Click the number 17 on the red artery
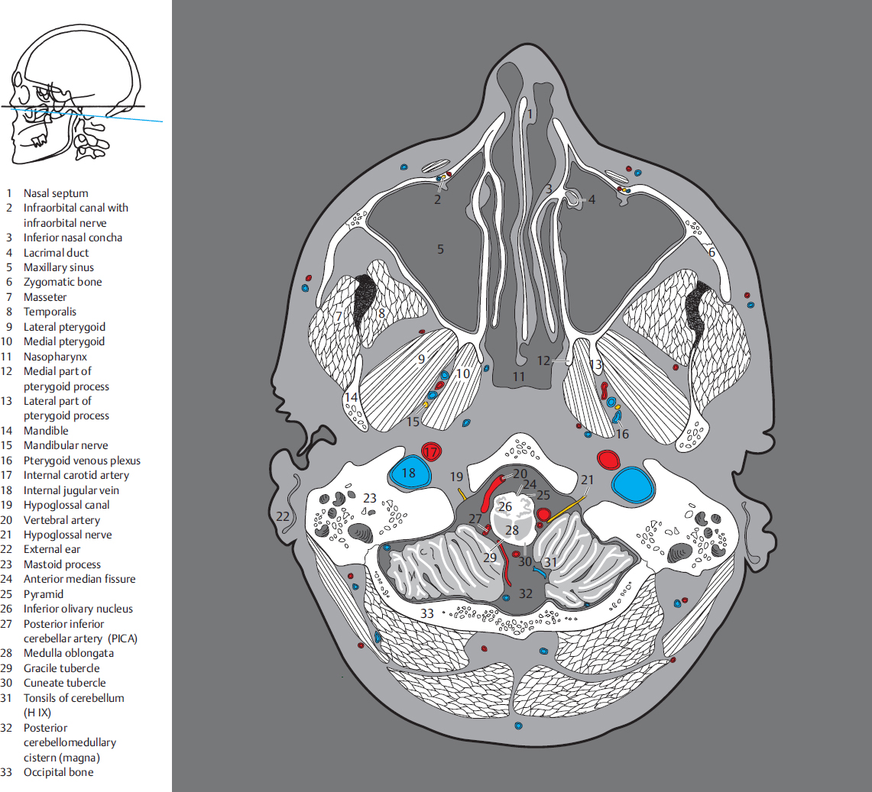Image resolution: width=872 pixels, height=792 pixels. click(x=432, y=452)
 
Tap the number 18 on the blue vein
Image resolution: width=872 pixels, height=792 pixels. click(x=409, y=474)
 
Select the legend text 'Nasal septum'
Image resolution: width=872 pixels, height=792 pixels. click(x=56, y=193)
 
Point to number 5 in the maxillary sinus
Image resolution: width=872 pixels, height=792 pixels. click(x=440, y=248)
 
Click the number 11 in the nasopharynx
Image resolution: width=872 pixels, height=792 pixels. click(x=520, y=377)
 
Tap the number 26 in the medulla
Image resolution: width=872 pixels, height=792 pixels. click(x=505, y=506)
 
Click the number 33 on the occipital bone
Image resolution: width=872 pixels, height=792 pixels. click(x=426, y=613)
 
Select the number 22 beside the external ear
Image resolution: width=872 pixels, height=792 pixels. click(x=284, y=517)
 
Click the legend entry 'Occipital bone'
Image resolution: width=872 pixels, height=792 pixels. click(x=58, y=772)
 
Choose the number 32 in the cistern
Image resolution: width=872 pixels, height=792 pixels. click(x=525, y=593)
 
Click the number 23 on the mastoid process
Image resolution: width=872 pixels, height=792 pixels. click(x=370, y=497)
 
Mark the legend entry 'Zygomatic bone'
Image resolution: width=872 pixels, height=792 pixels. click(x=63, y=282)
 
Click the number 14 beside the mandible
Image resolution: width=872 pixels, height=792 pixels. click(x=351, y=397)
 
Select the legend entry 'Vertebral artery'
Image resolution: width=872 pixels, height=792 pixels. click(x=61, y=520)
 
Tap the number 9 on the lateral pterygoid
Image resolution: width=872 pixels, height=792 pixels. click(x=421, y=357)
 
